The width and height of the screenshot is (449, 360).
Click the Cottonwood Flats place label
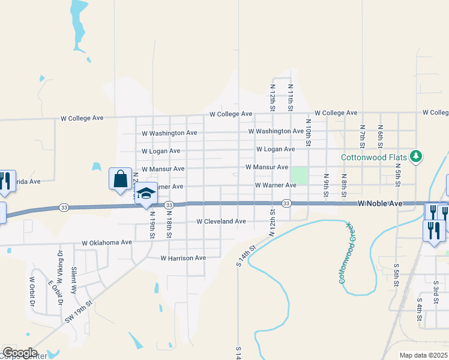point(375,157)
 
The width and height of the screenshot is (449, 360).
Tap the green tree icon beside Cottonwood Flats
point(415,157)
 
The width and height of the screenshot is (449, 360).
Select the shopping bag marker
point(120,179)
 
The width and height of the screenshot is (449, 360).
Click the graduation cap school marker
point(146,193)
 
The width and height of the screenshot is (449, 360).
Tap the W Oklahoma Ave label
point(107,243)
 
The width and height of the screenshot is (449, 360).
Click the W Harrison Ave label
point(183,258)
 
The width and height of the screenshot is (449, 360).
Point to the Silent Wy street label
point(74,279)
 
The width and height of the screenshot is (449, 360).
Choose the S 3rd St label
point(436,289)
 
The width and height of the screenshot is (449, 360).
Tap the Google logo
point(20,353)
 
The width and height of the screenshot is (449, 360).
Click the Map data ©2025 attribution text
point(423,355)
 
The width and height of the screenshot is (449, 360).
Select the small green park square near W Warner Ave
point(300,176)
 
